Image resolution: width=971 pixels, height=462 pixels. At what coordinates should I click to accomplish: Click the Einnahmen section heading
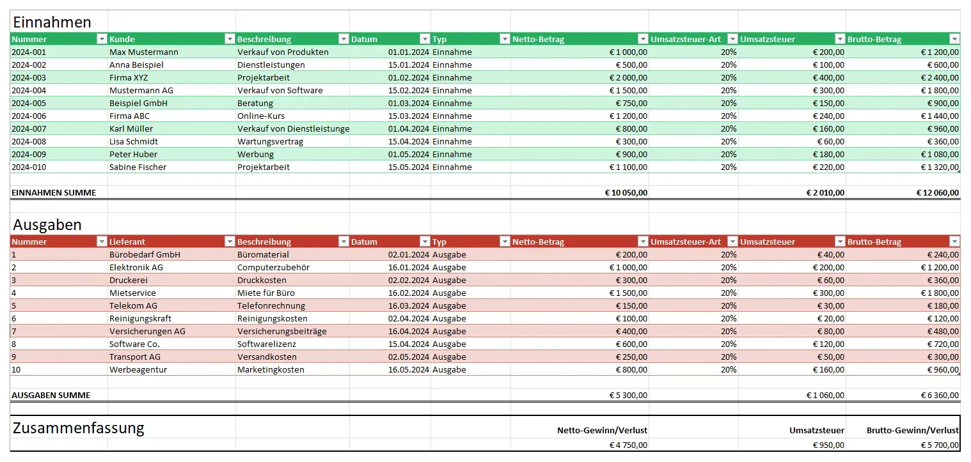click(52, 22)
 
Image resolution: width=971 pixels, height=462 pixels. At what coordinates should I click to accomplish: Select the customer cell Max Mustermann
click(143, 52)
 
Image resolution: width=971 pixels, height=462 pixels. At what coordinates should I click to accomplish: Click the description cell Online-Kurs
click(260, 116)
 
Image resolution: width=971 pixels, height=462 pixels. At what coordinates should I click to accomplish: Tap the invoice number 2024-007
click(29, 128)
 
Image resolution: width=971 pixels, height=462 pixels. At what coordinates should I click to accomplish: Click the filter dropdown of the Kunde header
click(230, 39)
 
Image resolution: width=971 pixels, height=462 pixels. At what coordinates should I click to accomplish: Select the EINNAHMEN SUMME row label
click(54, 192)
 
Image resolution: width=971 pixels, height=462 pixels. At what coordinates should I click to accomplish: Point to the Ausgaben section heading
click(47, 225)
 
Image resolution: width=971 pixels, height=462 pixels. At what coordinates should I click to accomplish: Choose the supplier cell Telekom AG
click(133, 305)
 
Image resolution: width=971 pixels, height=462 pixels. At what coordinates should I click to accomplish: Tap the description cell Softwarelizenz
click(266, 344)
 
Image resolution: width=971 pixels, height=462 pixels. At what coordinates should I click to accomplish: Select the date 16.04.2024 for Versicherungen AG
click(408, 331)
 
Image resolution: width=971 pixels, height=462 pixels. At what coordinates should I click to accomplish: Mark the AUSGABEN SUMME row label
click(51, 395)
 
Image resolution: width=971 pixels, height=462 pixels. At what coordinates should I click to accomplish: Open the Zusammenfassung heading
click(78, 428)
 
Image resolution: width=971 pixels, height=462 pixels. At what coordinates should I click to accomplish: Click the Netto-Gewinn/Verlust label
click(602, 430)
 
